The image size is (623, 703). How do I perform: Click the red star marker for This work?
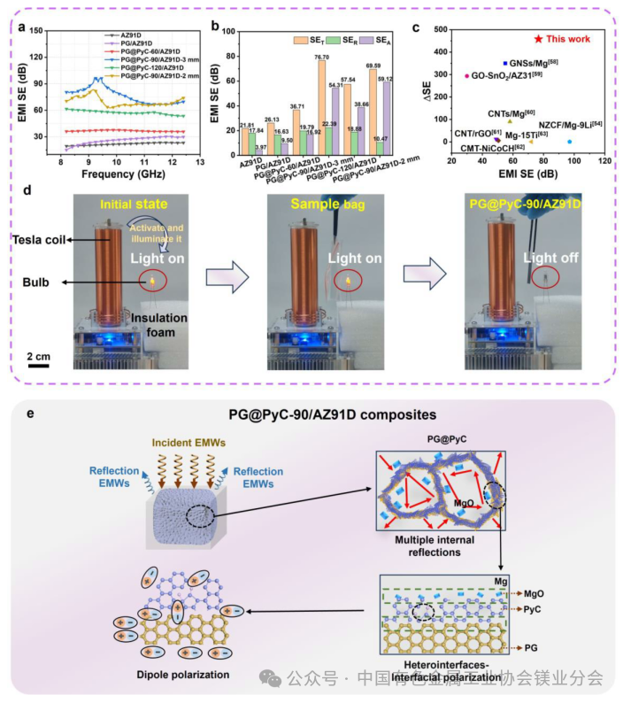(538, 39)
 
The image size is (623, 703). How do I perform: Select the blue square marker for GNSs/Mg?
(504, 64)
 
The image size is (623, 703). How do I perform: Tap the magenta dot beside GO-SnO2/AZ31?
(466, 76)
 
